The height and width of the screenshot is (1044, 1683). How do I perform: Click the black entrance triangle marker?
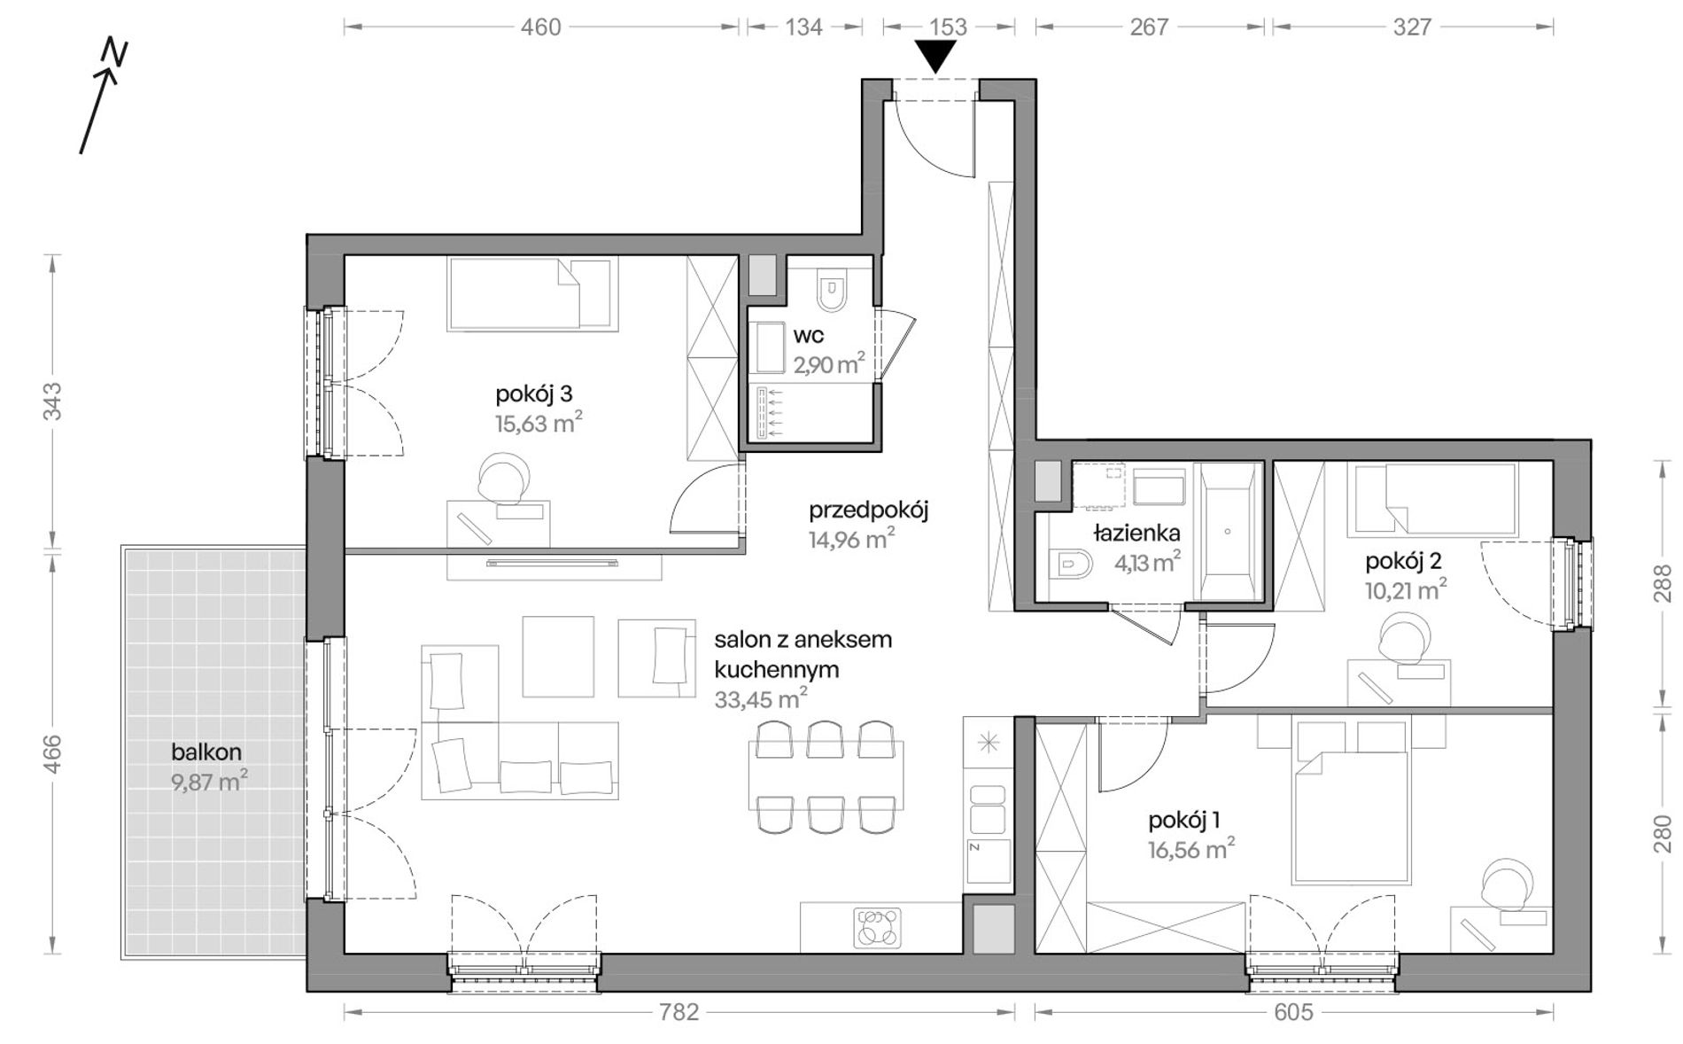tap(935, 58)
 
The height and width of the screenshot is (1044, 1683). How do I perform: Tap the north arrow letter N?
tap(114, 53)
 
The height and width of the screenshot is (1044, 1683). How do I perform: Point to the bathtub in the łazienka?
tap(1228, 531)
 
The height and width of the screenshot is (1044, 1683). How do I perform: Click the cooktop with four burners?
tap(877, 928)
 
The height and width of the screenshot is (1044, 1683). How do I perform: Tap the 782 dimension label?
tap(679, 1012)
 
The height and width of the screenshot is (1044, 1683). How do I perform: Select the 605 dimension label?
tap(1293, 1012)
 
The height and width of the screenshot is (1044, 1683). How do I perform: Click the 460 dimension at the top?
tap(540, 27)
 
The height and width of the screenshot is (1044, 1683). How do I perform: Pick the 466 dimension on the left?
tap(52, 753)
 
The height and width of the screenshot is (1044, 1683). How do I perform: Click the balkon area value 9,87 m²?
tap(209, 782)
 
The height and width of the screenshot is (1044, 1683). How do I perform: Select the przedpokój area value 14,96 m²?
tap(851, 538)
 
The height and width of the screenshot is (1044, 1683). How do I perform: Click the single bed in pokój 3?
tap(531, 293)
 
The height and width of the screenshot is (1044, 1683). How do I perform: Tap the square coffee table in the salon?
tap(558, 657)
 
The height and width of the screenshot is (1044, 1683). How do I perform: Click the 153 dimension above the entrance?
tap(949, 27)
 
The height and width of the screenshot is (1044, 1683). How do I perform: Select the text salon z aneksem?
tap(803, 640)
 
